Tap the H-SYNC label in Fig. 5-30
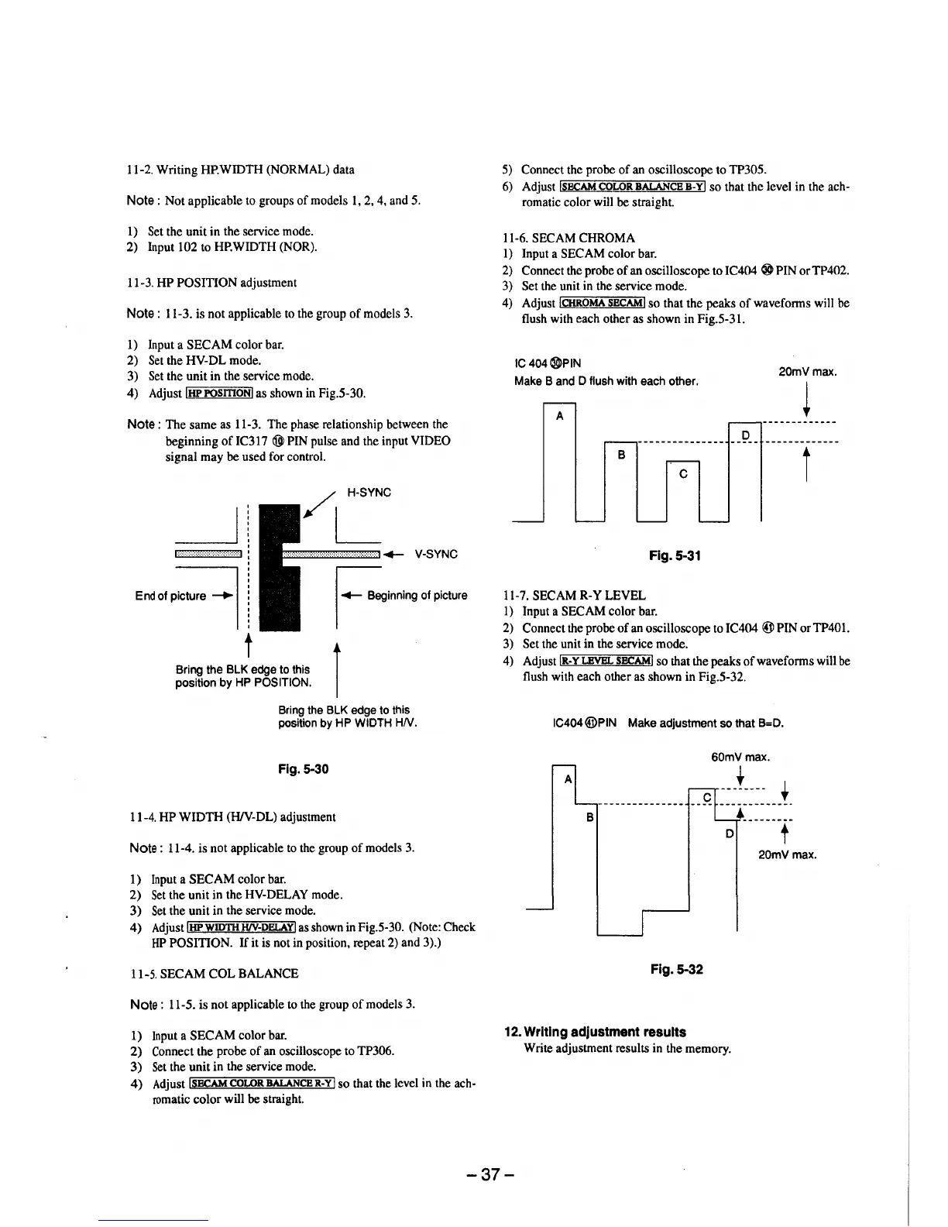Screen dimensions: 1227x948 click(369, 493)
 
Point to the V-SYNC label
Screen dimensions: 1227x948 click(436, 554)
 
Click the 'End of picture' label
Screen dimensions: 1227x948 click(170, 596)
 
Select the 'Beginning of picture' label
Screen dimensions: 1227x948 click(417, 596)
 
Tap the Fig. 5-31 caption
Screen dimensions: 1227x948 click(675, 555)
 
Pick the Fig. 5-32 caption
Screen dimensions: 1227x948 click(677, 969)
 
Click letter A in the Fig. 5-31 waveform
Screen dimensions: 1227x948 click(559, 415)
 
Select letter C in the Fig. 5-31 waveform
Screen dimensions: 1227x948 click(682, 474)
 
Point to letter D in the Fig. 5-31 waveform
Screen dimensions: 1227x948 click(746, 435)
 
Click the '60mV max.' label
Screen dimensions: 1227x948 click(740, 757)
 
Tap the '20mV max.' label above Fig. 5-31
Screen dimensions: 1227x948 click(806, 372)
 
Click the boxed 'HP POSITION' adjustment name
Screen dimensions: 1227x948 click(220, 393)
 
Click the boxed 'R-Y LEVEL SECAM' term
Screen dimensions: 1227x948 click(606, 661)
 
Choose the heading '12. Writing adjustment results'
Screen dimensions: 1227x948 click(595, 1032)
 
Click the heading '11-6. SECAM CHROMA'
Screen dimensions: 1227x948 click(568, 238)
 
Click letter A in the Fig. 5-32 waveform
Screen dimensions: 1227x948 click(568, 778)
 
